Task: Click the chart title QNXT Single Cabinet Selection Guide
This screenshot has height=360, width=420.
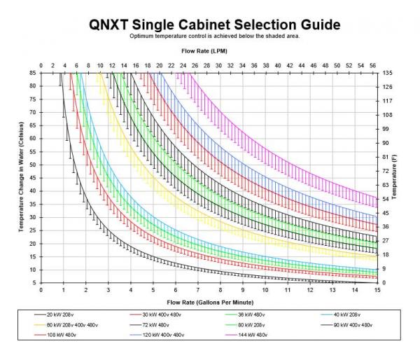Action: point(215,25)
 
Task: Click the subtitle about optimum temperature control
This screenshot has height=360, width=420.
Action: point(215,36)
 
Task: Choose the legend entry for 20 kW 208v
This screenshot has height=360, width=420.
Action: point(64,313)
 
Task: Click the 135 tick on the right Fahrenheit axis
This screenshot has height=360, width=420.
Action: point(386,73)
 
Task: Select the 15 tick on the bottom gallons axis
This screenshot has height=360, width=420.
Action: point(377,289)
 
